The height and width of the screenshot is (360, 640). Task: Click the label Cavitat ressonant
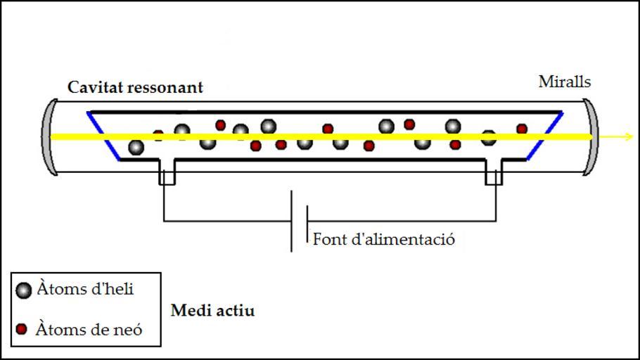[x=135, y=88]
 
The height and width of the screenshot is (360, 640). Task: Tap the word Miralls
[x=565, y=82]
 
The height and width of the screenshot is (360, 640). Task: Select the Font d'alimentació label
[x=384, y=239]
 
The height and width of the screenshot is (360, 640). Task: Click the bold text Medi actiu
[x=212, y=310]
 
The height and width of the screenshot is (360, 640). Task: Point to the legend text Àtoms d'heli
[x=85, y=288]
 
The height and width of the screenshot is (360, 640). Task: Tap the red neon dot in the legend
[x=22, y=329]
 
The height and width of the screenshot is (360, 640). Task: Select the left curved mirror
[x=48, y=136]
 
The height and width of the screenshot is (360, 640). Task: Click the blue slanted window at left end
[x=103, y=135]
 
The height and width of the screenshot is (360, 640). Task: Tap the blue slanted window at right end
[x=546, y=136]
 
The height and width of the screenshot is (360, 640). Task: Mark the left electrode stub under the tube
[x=167, y=173]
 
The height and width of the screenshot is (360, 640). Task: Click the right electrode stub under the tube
[x=494, y=173]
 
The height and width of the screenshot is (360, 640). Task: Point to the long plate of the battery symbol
[x=292, y=221]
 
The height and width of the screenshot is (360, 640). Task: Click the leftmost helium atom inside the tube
[x=136, y=147]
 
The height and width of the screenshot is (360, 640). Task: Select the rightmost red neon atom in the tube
[x=522, y=129]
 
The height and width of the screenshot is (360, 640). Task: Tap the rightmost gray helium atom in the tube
[x=489, y=138]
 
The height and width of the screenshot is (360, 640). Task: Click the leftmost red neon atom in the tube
[x=158, y=134]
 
